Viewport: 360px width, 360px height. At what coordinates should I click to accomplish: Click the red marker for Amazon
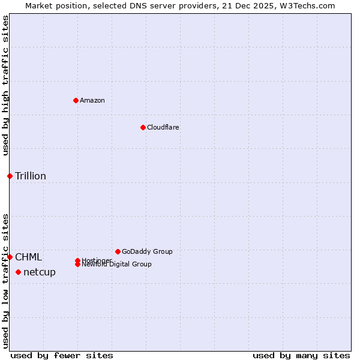76,100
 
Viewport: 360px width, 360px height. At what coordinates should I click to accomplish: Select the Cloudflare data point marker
143,127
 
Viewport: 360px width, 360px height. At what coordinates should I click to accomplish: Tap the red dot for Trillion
10,176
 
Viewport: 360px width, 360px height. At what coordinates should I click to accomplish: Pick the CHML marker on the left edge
10,257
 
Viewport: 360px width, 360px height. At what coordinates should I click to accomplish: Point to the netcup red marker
18,272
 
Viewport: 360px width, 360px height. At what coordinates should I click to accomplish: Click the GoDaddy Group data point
118,251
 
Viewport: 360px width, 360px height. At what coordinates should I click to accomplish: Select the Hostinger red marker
77,260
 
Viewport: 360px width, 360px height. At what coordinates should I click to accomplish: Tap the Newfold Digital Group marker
77,264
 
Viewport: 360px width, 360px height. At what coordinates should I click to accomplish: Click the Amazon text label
92,100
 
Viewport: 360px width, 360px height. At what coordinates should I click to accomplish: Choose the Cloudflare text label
163,127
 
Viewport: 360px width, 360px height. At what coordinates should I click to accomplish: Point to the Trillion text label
31,176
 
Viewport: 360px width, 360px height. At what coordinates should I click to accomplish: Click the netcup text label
40,272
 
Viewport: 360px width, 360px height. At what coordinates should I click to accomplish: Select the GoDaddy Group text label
147,251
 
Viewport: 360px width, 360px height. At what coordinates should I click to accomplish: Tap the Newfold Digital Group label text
116,265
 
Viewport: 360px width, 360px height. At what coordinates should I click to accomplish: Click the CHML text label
29,257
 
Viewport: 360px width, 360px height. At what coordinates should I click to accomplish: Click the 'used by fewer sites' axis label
62,355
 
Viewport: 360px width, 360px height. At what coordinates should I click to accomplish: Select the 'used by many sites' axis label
301,355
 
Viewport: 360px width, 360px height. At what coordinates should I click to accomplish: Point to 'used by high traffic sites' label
5,85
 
